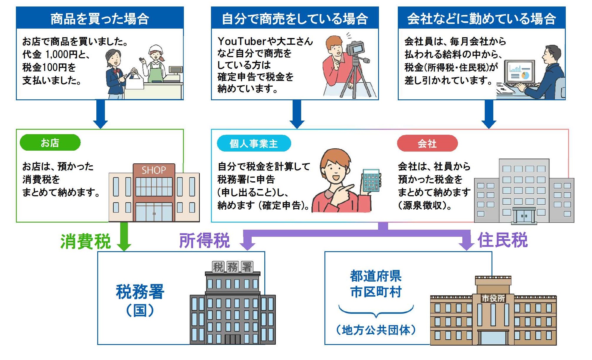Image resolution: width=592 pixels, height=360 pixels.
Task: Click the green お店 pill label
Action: pyautogui.click(x=50, y=143)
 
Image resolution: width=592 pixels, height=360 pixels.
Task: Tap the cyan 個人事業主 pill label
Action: pyautogui.click(x=254, y=144)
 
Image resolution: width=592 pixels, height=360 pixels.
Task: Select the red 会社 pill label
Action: pyautogui.click(x=427, y=144)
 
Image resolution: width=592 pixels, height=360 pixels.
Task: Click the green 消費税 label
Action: pyautogui.click(x=85, y=241)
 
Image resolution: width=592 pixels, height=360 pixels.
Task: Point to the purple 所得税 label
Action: pyautogui.click(x=204, y=240)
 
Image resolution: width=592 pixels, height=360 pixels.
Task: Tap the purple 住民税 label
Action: pyautogui.click(x=502, y=240)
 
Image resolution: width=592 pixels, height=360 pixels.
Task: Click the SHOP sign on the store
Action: pyautogui.click(x=154, y=170)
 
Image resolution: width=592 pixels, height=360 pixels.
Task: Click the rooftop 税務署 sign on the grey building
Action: pyautogui.click(x=232, y=267)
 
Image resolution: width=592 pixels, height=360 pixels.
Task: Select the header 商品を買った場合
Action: pyautogui.click(x=100, y=18)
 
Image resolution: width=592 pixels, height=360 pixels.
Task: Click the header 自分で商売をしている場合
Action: pyautogui.click(x=295, y=18)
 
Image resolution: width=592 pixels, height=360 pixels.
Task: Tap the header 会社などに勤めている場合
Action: pyautogui.click(x=481, y=18)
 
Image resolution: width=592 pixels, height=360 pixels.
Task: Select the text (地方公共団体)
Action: pyautogui.click(x=376, y=330)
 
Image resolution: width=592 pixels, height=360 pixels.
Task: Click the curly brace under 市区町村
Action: pyautogui.click(x=376, y=311)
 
